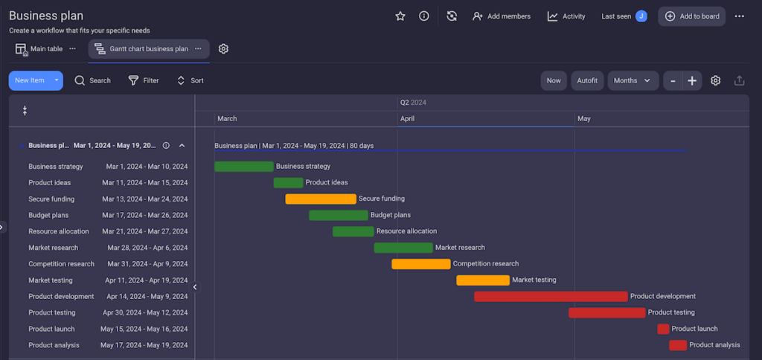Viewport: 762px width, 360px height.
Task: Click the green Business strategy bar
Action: (243, 167)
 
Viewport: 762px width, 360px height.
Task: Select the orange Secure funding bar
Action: (321, 199)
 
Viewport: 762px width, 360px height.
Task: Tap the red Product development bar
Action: (551, 297)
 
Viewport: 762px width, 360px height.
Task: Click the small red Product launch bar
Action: (663, 329)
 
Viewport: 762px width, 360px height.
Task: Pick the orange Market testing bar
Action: (483, 280)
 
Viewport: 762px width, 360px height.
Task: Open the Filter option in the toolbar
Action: (144, 80)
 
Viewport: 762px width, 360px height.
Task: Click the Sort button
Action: (190, 80)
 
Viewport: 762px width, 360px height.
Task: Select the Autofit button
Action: (587, 80)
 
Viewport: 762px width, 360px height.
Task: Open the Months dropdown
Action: (633, 80)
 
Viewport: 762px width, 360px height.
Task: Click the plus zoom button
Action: (692, 80)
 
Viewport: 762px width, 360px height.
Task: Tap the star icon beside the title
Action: (400, 16)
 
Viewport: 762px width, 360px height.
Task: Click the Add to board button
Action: (691, 16)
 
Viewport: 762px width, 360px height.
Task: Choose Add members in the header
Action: (502, 16)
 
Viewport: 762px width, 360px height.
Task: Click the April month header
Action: (407, 119)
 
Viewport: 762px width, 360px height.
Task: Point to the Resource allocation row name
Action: (59, 231)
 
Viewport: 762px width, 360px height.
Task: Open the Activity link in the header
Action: (566, 16)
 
